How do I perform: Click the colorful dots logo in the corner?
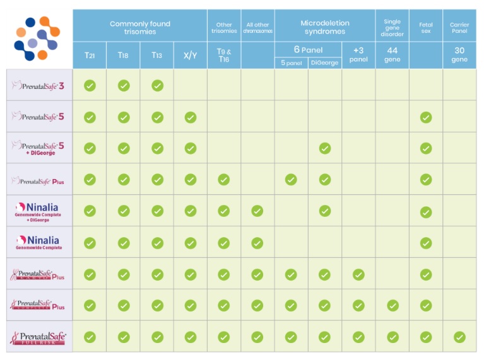pos(37,37)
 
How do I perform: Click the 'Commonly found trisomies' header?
pos(139,28)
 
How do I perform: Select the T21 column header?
pos(90,55)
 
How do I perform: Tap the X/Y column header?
pos(190,55)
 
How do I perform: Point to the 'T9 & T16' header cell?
pos(223,55)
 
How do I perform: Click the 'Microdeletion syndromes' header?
pos(324,28)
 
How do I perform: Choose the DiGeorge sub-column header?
pos(324,62)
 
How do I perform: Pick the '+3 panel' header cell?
pos(358,55)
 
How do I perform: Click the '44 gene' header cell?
pos(392,55)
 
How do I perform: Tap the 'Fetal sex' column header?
pos(425,28)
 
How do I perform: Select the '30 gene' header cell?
pos(459,55)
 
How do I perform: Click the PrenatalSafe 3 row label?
pos(39,85)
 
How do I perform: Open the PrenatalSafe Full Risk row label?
pos(39,337)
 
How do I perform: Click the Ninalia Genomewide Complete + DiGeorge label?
pos(39,211)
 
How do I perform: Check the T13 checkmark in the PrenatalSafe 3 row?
pos(157,85)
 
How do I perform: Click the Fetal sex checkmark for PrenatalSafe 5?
pos(425,117)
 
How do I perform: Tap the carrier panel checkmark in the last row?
pos(459,337)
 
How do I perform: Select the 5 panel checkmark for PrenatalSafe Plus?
pos(291,180)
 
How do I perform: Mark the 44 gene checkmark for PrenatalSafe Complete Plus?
pos(392,306)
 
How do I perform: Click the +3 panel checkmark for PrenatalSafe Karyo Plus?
pos(358,274)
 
